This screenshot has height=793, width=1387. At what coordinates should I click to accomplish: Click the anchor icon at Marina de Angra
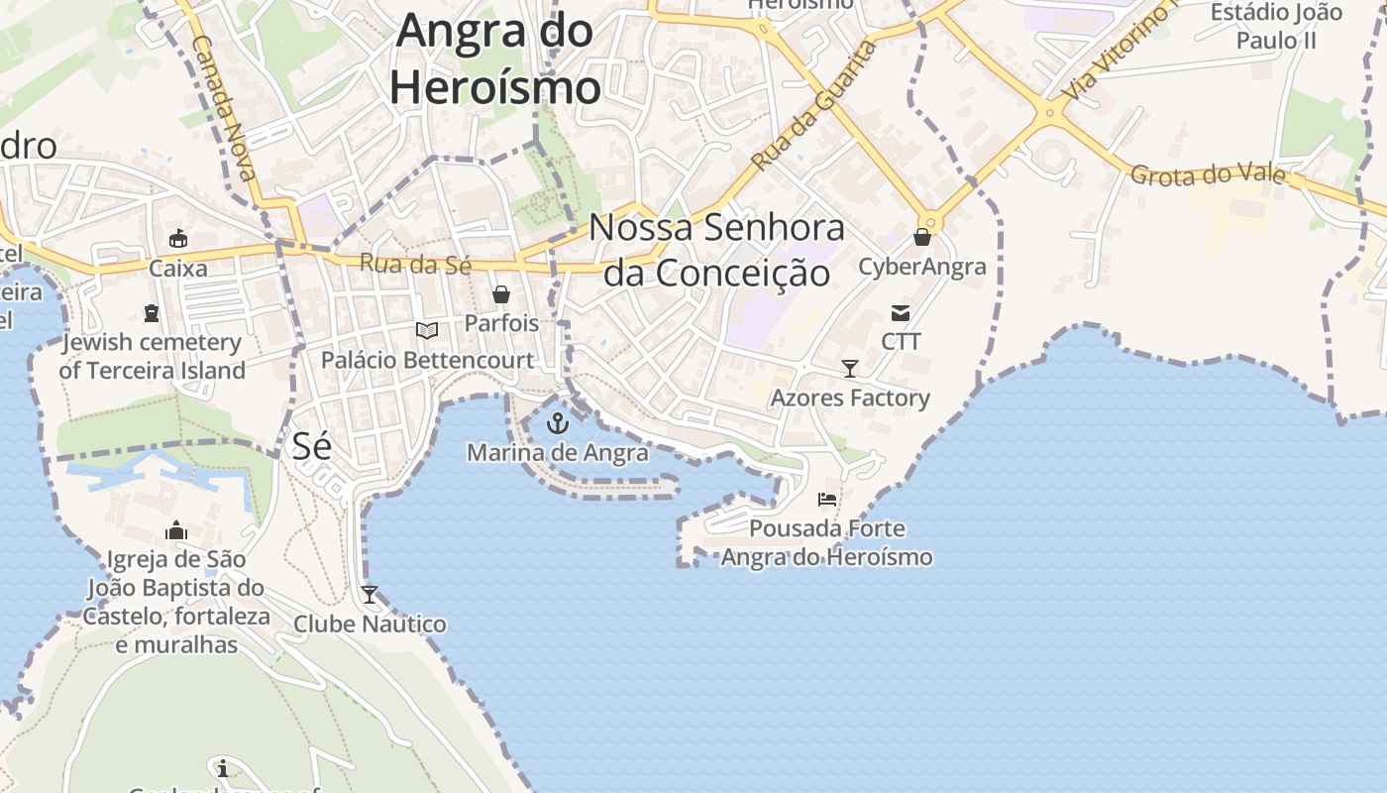[x=559, y=424]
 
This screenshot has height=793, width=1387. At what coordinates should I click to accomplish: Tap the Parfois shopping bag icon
[x=501, y=294]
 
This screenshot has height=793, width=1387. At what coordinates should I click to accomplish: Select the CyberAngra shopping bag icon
[x=922, y=237]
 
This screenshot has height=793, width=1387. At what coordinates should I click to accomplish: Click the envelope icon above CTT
[x=901, y=313]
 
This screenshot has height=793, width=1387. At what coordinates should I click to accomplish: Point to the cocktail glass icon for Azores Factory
[x=850, y=369]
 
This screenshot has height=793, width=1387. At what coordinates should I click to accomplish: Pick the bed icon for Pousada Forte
[x=827, y=500]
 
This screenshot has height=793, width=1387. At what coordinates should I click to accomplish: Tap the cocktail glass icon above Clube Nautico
[x=370, y=595]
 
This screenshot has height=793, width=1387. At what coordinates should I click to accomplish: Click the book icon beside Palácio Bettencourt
[x=427, y=330]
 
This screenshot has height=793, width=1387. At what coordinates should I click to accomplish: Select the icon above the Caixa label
[x=178, y=239]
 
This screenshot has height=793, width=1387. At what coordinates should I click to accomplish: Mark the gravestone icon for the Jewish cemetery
[x=152, y=313]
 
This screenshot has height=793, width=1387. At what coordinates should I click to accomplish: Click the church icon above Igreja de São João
[x=176, y=531]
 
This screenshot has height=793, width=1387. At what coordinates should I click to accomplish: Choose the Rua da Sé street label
[x=415, y=263]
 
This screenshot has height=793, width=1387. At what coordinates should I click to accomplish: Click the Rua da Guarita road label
[x=814, y=104]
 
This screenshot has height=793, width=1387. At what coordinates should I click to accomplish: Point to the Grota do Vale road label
[x=1208, y=175]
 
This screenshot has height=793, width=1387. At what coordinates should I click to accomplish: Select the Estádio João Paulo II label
[x=1277, y=27]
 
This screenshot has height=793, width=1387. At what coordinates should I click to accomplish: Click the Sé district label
[x=311, y=446]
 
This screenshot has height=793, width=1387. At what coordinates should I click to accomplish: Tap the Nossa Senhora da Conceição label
[x=717, y=249]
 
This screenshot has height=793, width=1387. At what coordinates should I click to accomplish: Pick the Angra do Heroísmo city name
[x=495, y=58]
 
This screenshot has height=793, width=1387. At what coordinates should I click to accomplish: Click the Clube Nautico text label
[x=370, y=624]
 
